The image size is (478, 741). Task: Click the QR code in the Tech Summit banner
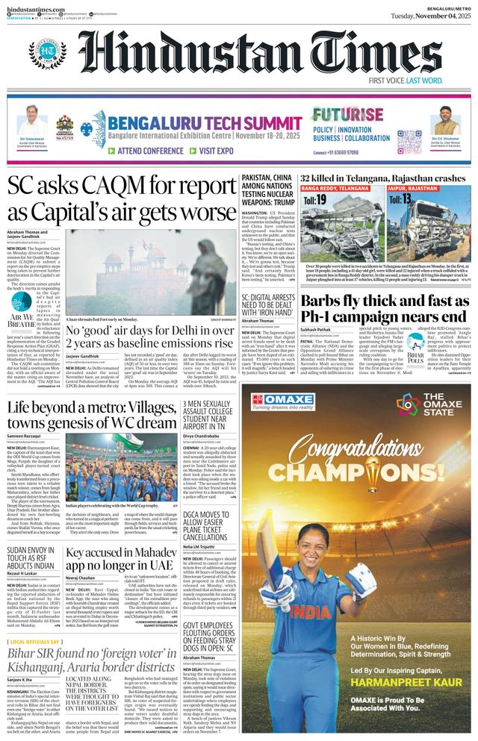pyautogui.click(x=409, y=141)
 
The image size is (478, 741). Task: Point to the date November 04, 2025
pyautogui.click(x=432, y=16)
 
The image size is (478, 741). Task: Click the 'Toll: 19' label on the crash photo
pyautogui.click(x=320, y=200)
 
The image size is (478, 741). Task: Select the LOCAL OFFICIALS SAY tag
pyautogui.click(x=34, y=641)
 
